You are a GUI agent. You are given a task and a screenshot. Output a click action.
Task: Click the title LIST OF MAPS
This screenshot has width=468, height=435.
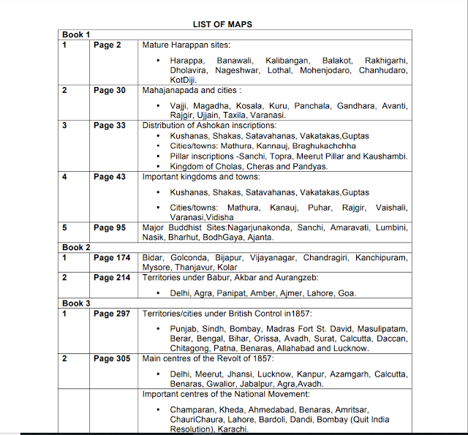click(x=222, y=24)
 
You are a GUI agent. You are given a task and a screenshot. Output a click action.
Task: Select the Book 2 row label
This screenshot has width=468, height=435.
click(x=76, y=248)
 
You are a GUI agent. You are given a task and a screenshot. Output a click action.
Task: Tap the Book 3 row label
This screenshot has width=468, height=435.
click(x=76, y=303)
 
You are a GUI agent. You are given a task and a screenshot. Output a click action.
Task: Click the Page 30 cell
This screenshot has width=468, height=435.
click(x=110, y=91)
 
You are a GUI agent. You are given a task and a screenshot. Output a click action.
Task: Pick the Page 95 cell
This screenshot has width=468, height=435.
click(x=110, y=228)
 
